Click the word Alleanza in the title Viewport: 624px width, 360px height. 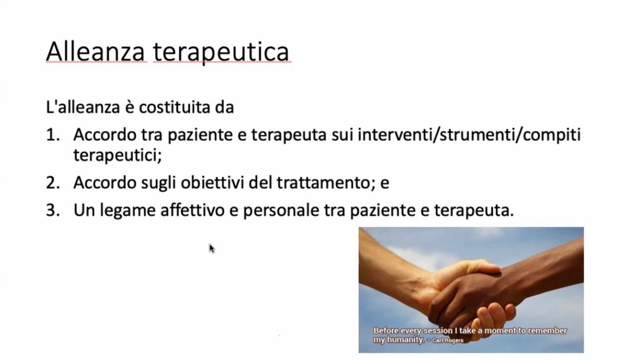click(x=95, y=51)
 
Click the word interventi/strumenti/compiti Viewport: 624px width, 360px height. click(x=469, y=135)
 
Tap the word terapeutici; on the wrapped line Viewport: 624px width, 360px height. click(x=117, y=155)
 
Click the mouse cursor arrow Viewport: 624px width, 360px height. click(x=212, y=248)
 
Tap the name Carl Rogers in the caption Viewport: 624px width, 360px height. click(x=447, y=340)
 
